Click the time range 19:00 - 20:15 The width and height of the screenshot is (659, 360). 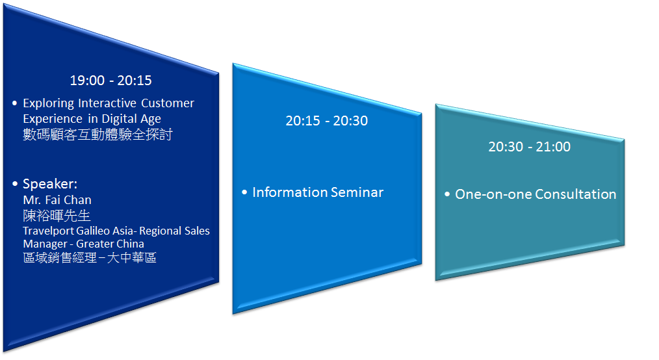(x=110, y=80)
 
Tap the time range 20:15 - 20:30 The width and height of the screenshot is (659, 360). (x=326, y=121)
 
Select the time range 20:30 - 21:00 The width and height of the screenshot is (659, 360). (x=529, y=147)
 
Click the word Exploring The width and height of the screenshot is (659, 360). (x=48, y=104)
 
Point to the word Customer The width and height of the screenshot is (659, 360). (x=168, y=103)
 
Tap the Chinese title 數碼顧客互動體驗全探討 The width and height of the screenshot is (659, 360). (x=97, y=135)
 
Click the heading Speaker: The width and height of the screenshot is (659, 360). (x=50, y=184)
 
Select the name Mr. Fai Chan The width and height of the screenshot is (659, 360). (x=57, y=200)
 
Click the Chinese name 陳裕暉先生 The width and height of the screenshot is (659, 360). (x=57, y=216)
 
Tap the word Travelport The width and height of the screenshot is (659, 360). (x=48, y=231)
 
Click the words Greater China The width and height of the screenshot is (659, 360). (x=110, y=244)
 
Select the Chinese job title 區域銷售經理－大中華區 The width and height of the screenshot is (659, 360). (x=90, y=257)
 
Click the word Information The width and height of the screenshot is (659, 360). (x=290, y=192)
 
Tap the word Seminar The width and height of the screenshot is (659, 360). (x=357, y=192)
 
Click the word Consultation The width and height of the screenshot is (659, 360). (x=575, y=194)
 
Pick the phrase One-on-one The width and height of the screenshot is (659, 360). (x=493, y=194)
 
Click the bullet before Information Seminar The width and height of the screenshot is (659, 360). (x=244, y=193)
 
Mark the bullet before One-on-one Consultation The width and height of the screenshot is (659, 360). (x=447, y=194)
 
